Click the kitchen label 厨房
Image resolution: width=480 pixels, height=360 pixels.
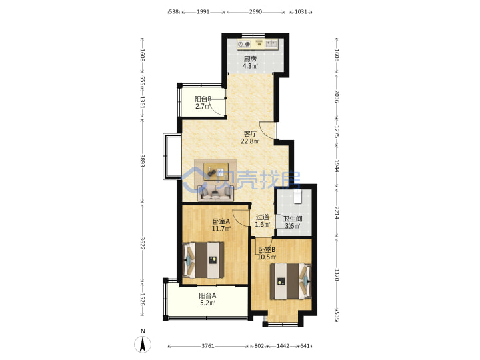(250, 59)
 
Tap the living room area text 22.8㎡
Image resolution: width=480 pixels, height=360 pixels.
(250, 141)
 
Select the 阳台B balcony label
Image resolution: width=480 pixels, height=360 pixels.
(203, 99)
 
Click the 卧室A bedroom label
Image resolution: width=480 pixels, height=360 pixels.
(221, 221)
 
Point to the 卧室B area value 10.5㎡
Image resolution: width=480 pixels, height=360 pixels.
(267, 257)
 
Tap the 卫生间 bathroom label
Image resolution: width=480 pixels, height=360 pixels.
(293, 219)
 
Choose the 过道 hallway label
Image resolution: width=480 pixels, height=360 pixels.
(263, 217)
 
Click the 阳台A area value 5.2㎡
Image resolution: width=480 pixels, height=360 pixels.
(207, 303)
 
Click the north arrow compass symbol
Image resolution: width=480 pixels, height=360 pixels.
(143, 344)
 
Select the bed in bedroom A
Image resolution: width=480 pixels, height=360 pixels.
(203, 260)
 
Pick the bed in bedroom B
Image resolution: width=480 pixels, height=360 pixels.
(290, 281)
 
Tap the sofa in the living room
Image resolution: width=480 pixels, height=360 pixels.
(215, 193)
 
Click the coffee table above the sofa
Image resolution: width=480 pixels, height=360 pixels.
(216, 171)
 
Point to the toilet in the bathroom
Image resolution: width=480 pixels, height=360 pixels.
(297, 197)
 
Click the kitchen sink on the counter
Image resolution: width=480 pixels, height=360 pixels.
(271, 44)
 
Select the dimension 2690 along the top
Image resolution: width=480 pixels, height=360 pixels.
(255, 11)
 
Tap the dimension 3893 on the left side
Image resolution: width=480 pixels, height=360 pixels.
(143, 161)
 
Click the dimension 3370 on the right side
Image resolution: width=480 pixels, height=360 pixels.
(337, 274)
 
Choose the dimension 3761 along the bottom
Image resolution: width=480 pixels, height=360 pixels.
(208, 346)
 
